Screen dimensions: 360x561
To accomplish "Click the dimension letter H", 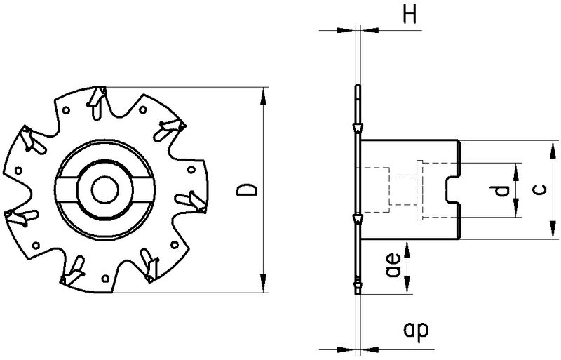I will click(410, 16).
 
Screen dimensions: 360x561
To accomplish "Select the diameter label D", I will click(245, 189).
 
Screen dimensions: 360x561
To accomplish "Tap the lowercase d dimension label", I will click(499, 191).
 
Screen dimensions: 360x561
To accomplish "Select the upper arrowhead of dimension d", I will click(516, 168).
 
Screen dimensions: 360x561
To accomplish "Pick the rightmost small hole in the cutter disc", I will click(192, 169).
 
